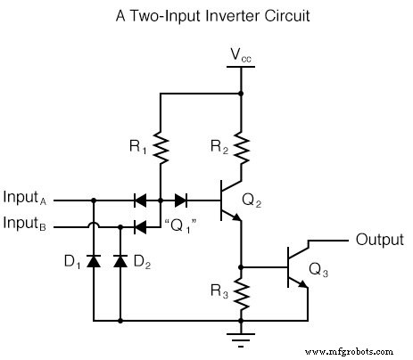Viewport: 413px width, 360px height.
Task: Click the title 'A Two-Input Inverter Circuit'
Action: (207, 15)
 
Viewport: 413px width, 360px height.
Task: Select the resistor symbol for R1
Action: (160, 146)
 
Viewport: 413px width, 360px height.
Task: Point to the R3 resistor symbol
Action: (241, 291)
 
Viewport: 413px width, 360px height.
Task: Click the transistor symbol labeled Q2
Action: (230, 201)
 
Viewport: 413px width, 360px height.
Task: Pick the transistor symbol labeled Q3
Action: (298, 266)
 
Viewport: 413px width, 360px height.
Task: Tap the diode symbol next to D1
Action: (94, 261)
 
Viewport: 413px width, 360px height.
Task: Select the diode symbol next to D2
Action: (120, 261)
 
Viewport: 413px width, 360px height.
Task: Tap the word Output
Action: (379, 239)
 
